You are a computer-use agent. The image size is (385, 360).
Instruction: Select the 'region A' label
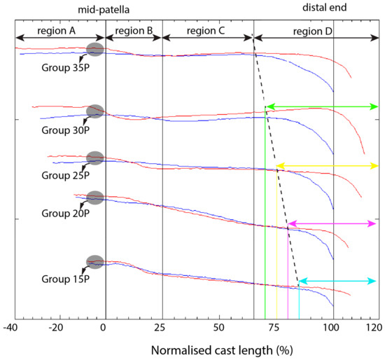[60, 32]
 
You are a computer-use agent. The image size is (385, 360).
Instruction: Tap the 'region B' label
[134, 32]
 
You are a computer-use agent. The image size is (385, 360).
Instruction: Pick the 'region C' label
[207, 32]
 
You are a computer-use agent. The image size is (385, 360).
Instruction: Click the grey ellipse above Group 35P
[94, 49]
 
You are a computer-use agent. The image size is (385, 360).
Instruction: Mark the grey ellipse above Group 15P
[94, 262]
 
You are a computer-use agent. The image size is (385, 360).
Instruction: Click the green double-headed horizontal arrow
[322, 106]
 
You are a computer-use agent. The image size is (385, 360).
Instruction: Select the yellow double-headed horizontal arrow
[328, 166]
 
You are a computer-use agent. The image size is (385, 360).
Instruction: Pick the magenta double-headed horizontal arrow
[332, 223]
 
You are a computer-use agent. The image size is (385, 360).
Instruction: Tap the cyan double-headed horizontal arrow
[338, 281]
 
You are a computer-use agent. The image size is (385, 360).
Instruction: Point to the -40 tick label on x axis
[12, 328]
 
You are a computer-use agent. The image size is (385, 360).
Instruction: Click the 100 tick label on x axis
[333, 328]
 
